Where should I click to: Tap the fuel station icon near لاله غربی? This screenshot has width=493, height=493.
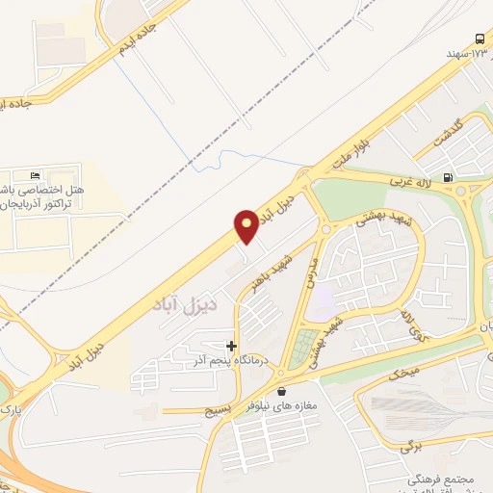pyautogui.click(x=448, y=177)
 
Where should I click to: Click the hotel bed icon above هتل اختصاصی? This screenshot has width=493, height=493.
pyautogui.click(x=36, y=176)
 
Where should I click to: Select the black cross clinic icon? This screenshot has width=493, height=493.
pyautogui.click(x=231, y=345)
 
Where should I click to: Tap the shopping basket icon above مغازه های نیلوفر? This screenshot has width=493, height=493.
pyautogui.click(x=281, y=392)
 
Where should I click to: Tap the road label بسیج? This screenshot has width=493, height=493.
pyautogui.click(x=215, y=410)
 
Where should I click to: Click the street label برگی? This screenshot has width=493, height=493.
pyautogui.click(x=412, y=447)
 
